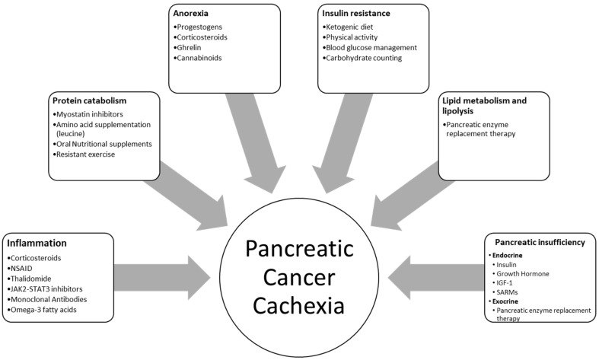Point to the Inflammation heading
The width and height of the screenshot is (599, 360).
tap(39, 244)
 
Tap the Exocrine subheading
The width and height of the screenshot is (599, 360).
tap(505, 302)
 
